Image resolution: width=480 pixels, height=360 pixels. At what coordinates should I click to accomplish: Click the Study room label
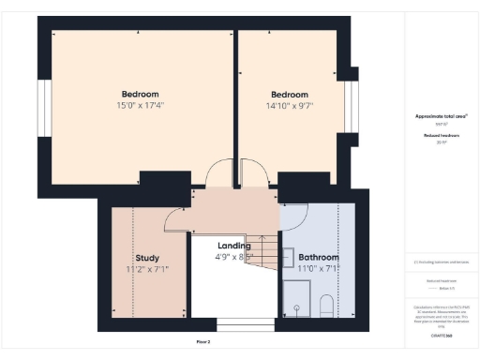coord(146,258)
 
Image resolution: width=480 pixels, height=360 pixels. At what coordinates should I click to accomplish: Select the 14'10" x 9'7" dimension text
coord(290,105)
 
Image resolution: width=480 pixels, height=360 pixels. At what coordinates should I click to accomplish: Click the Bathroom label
coord(319,257)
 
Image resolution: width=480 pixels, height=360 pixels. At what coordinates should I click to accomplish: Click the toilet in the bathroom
coord(325,306)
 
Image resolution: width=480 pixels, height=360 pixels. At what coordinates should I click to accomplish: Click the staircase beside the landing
coord(265,250)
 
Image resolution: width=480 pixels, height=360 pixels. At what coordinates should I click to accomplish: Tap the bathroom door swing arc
coord(293,216)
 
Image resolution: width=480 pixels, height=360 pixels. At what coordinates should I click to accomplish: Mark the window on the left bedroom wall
coord(43,108)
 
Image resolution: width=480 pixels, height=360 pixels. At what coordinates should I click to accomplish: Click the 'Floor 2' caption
coord(203,342)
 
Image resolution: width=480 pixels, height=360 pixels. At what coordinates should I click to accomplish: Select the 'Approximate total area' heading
coord(441,115)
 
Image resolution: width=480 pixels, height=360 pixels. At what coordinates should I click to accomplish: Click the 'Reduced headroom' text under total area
coord(441,136)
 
